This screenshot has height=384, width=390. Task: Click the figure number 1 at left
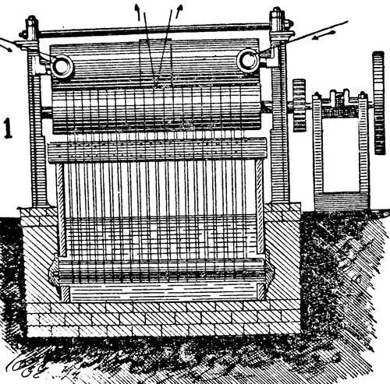click(8, 128)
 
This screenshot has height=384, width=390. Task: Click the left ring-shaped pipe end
click(62, 67)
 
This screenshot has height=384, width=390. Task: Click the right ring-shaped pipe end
click(248, 60)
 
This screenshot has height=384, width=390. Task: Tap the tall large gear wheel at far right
click(378, 103)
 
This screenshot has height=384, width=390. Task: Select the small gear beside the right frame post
click(300, 105)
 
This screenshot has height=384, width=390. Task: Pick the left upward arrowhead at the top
click(136, 9)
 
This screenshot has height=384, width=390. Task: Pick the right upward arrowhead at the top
click(179, 10)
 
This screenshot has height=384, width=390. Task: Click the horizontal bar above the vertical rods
click(158, 150)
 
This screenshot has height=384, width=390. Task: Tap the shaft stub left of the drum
click(46, 111)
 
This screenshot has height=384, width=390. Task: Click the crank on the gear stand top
click(341, 100)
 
